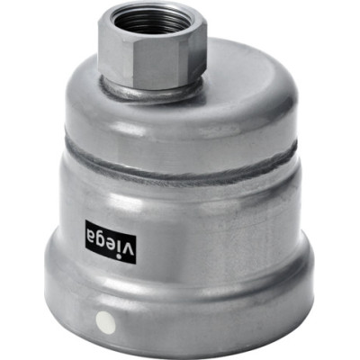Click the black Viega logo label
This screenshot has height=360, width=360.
111,242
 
